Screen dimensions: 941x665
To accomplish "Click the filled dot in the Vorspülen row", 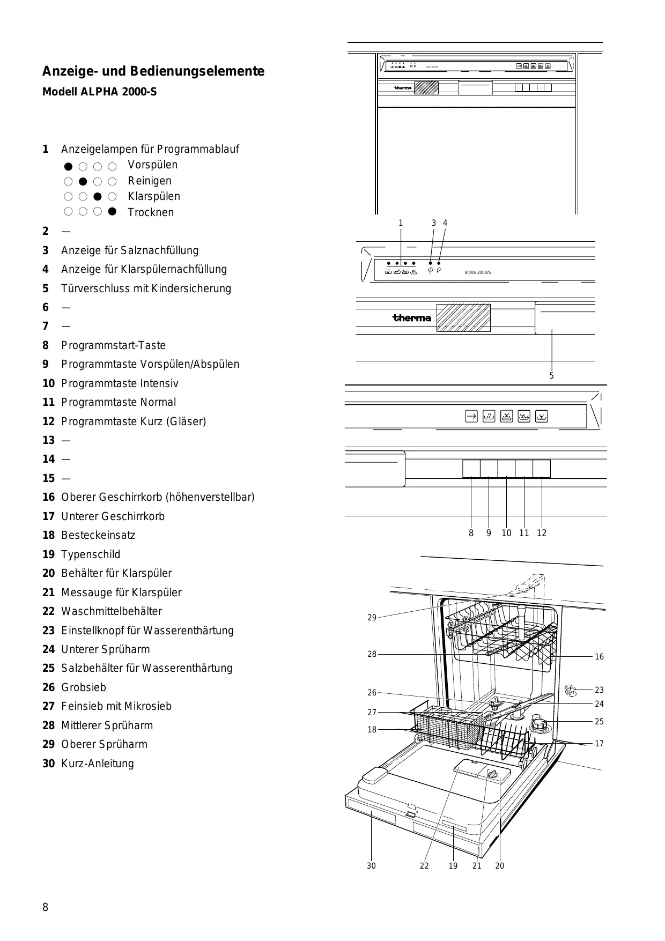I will [x=68, y=166].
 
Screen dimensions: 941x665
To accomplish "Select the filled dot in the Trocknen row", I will [x=112, y=212].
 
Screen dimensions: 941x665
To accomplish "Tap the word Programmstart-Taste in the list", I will [x=113, y=345].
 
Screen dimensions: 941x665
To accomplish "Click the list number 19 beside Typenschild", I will [x=48, y=554].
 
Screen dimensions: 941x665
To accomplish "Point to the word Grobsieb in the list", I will [x=84, y=687].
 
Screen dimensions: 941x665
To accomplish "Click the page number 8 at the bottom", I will [x=46, y=907].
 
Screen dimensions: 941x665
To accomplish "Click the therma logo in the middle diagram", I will [x=412, y=318].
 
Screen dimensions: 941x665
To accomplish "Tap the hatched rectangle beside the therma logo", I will [x=463, y=318].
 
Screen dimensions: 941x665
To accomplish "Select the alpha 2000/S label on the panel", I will [x=477, y=273].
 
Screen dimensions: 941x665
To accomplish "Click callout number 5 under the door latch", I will [x=551, y=376].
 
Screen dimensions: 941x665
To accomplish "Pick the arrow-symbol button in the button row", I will [x=471, y=416].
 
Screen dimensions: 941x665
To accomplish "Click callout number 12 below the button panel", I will [x=542, y=533].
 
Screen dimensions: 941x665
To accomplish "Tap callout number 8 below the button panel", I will [x=471, y=533].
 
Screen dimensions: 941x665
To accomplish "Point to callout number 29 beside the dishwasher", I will [x=372, y=618].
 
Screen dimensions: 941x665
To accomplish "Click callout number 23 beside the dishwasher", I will [x=599, y=690].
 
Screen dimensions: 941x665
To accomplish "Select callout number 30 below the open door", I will [x=371, y=865].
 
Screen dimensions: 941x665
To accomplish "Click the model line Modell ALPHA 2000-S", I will [x=99, y=92].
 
